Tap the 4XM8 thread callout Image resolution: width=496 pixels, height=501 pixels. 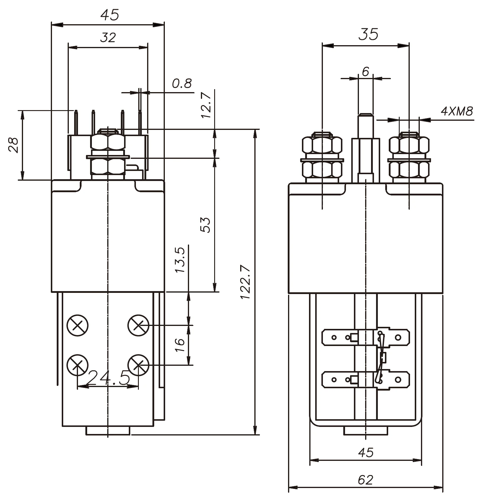[x=457, y=111]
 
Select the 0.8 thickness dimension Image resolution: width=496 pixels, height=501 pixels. [x=182, y=84]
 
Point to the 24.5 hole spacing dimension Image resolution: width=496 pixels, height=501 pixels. [x=109, y=378]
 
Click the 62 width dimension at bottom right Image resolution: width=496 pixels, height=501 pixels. [x=365, y=480]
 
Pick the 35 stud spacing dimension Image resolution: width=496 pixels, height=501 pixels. [x=368, y=35]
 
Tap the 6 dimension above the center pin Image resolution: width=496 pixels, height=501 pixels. [x=365, y=71]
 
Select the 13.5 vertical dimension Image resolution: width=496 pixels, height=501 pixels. [x=180, y=260]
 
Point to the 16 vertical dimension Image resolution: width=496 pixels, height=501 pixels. [x=180, y=345]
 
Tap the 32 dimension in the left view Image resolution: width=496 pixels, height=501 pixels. [x=108, y=38]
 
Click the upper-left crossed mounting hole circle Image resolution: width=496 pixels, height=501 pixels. [x=78, y=325]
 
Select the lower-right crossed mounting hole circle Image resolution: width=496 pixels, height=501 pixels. [x=138, y=365]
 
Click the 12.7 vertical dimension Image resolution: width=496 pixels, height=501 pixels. [x=206, y=105]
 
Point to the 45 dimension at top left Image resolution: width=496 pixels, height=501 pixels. [x=110, y=15]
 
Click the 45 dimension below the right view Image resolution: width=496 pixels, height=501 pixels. [x=365, y=452]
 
